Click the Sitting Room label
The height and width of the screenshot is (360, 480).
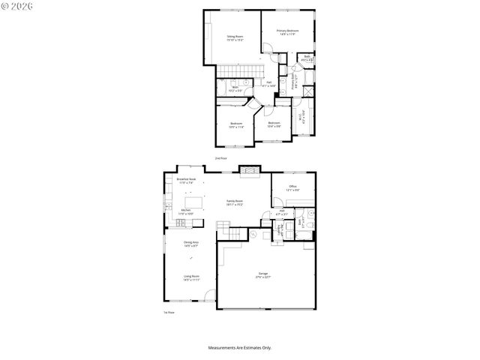[235, 37]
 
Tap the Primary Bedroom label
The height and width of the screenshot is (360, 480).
[287, 32]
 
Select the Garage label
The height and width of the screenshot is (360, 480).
[262, 275]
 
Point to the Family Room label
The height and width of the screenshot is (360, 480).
[235, 202]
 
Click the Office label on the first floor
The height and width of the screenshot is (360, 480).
[292, 188]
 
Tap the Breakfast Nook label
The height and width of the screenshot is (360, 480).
[186, 181]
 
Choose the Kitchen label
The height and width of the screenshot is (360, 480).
[185, 212]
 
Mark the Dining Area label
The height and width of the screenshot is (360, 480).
[191, 244]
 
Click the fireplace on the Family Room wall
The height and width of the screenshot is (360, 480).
[249, 170]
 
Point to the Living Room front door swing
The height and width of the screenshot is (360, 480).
[211, 295]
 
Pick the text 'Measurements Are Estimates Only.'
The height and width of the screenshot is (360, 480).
[239, 348]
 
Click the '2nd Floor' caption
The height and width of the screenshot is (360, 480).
[220, 158]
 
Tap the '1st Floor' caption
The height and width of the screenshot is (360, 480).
[169, 312]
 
